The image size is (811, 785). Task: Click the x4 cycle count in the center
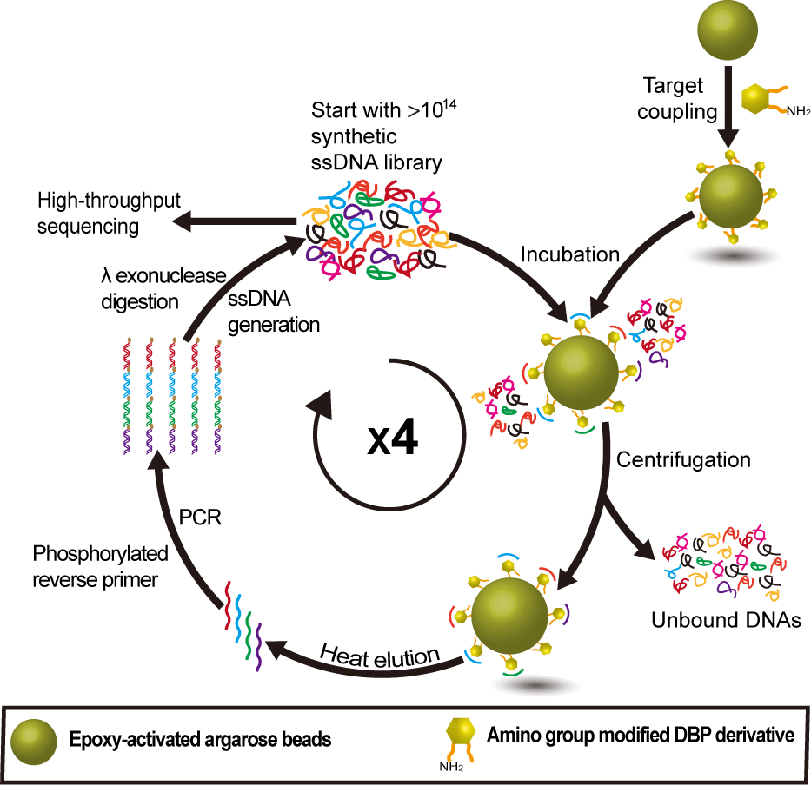click(392, 439)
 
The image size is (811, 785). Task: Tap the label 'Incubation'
click(569, 254)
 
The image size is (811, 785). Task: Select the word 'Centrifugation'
click(682, 458)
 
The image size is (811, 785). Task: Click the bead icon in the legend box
click(37, 741)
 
